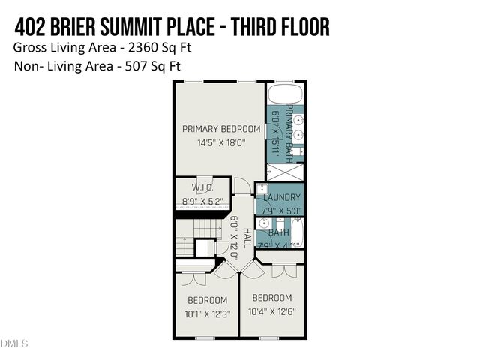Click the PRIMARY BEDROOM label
coord(221,129)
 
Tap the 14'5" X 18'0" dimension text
coord(221,142)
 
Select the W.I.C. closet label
coord(203,188)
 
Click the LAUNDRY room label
coord(282,197)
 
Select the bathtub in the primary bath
coord(285,94)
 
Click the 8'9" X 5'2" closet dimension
coord(203,201)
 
